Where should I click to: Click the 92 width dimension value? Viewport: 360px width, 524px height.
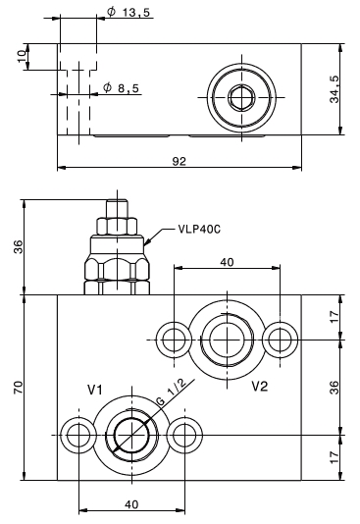pyautogui.click(x=179, y=161)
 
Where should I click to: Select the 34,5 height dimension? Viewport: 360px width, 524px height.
pyautogui.click(x=334, y=88)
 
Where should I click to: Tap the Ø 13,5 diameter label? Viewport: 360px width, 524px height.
pyautogui.click(x=129, y=13)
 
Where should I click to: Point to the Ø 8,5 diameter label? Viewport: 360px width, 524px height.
pyautogui.click(x=121, y=88)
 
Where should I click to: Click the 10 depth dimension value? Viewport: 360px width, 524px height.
pyautogui.click(x=22, y=56)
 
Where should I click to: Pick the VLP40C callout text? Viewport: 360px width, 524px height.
pyautogui.click(x=199, y=230)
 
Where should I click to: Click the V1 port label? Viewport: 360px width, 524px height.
pyautogui.click(x=95, y=390)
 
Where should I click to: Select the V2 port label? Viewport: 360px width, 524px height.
pyautogui.click(x=260, y=387)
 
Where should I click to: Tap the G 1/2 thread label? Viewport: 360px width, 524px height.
pyautogui.click(x=172, y=392)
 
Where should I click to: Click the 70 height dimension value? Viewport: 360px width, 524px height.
pyautogui.click(x=19, y=387)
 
